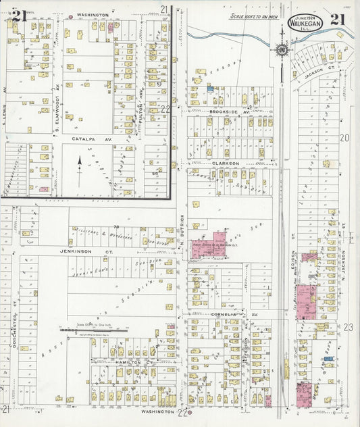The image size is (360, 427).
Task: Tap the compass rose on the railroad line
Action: [280, 49]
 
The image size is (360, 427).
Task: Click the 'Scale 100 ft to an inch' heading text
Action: [255, 16]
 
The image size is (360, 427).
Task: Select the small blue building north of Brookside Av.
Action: [210, 89]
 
